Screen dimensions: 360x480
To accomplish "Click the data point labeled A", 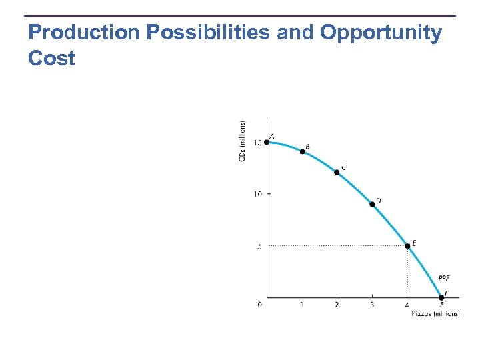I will tap(267, 141).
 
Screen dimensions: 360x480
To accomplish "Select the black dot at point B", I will tap(302, 151).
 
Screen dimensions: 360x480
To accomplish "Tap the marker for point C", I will tap(337, 172).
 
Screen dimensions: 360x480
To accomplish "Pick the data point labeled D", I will tap(372, 204).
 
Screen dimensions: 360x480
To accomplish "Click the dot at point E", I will tap(407, 246).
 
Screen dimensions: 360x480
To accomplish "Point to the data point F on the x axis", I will tap(441, 298).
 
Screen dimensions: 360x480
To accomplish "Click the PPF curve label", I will tap(445, 278).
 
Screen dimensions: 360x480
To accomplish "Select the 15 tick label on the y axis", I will tap(257, 142).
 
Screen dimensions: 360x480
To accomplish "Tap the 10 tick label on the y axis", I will tap(257, 194).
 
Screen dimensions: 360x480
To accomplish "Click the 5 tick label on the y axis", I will tap(259, 246).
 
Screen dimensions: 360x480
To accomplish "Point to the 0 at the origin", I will tap(260, 305).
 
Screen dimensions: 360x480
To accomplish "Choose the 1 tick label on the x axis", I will tap(302, 305).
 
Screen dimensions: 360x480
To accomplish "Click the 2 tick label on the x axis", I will tap(337, 305).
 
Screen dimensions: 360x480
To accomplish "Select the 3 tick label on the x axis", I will tap(372, 305).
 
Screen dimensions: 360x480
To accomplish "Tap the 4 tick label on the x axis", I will tap(407, 305).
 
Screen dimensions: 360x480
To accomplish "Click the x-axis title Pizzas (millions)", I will tap(435, 313).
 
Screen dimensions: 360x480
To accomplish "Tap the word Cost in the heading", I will tap(51, 59).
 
